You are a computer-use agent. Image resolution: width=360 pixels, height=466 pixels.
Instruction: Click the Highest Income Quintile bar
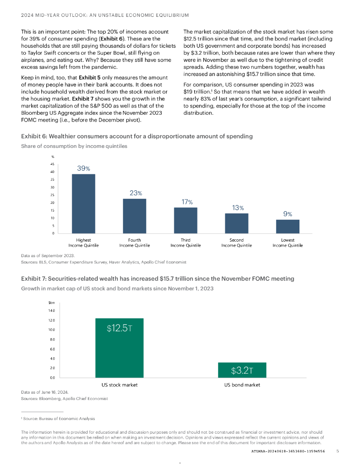(x=83, y=203)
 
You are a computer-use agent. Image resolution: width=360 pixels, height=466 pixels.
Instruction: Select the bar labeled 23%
(x=134, y=216)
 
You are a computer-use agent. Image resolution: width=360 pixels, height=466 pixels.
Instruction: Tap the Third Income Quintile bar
(x=185, y=220)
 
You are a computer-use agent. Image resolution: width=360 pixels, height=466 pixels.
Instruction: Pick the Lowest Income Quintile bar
(x=288, y=226)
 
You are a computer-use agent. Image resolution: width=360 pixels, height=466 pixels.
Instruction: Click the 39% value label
(x=83, y=168)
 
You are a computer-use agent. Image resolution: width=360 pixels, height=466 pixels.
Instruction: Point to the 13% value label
(x=237, y=208)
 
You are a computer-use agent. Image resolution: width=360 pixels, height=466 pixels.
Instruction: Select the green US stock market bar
(x=119, y=348)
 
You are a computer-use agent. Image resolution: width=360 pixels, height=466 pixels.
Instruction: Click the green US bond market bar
(x=242, y=370)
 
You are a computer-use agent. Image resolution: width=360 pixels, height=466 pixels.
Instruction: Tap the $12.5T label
(x=119, y=328)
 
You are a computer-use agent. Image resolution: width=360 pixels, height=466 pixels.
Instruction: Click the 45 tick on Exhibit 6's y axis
(x=52, y=164)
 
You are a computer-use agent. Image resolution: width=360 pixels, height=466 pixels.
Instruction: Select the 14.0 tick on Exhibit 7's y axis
(x=51, y=310)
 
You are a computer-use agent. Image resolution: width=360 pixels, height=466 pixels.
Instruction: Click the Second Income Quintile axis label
(x=237, y=243)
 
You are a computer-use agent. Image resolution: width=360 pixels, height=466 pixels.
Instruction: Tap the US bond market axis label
(x=242, y=385)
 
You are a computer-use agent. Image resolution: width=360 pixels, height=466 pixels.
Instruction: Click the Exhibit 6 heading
(x=137, y=137)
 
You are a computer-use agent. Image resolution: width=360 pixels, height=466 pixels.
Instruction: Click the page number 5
(x=337, y=451)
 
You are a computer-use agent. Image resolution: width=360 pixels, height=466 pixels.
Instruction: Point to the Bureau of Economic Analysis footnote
(x=59, y=419)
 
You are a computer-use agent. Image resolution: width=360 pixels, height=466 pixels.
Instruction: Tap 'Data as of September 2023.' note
(x=48, y=256)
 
